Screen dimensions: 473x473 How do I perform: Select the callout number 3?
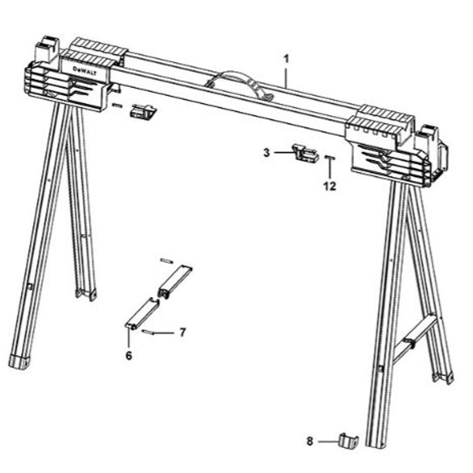tap(267, 152)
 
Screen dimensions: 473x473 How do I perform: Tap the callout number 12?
tap(330, 186)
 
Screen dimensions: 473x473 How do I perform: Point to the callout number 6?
tap(128, 355)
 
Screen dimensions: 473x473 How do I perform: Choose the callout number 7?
tap(183, 332)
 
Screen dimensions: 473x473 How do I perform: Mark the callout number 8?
tap(310, 441)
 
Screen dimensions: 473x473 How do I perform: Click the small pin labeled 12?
tap(330, 158)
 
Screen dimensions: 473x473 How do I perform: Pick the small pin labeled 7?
tap(148, 333)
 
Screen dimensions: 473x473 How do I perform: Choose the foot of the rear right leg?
tap(444, 377)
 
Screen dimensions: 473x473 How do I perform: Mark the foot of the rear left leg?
tap(86, 295)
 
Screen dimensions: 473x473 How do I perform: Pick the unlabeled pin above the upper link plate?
tap(167, 260)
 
